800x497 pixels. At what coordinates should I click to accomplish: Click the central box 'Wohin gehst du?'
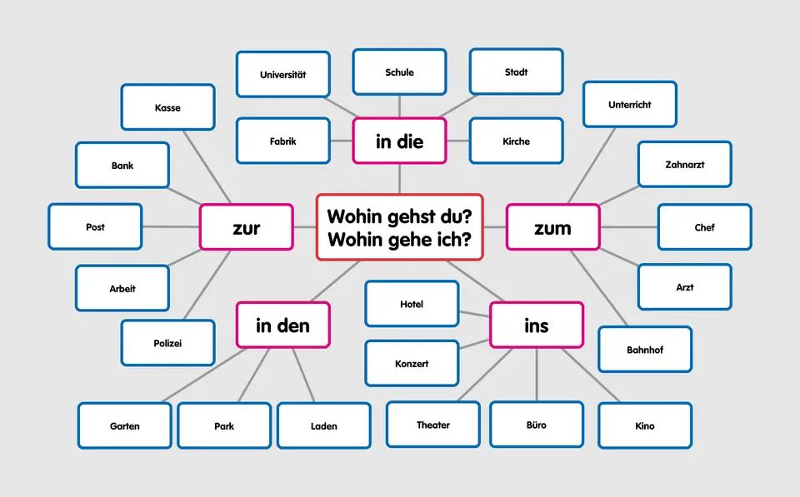coord(399,227)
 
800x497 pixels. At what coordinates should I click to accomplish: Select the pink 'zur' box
coord(247,227)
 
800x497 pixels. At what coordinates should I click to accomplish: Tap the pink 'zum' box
coord(553,227)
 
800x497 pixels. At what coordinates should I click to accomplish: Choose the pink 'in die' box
coord(399,141)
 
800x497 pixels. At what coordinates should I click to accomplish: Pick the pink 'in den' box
coord(283,326)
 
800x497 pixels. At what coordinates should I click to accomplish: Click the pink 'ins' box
coord(536,326)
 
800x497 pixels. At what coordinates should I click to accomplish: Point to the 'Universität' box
coord(283,74)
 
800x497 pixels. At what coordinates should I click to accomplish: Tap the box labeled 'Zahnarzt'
coord(685,165)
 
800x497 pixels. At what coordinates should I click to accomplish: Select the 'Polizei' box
coord(167,343)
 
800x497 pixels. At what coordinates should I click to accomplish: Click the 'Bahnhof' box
coord(645,350)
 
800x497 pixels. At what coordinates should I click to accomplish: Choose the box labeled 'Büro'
coord(536,425)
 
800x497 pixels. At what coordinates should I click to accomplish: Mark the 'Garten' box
coord(124,425)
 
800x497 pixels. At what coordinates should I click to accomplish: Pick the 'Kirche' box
coord(517,141)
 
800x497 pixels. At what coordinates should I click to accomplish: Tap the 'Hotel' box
coord(412,304)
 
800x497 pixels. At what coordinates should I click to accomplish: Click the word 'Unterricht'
coord(630,105)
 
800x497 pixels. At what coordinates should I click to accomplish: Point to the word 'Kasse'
coord(167,107)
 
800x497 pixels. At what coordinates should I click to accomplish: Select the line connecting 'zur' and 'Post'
coord(170,226)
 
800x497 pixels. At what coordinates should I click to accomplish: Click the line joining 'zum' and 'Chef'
coord(628,226)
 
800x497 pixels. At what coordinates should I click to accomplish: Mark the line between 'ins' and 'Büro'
coord(536,375)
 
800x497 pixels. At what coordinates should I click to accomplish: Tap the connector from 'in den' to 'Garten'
coord(204,375)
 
